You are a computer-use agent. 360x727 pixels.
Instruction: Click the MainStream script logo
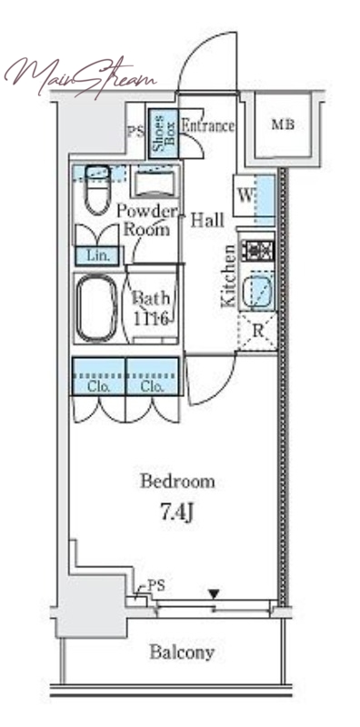(80, 76)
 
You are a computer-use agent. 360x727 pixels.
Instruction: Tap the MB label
(283, 124)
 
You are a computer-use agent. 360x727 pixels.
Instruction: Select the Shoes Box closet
(164, 133)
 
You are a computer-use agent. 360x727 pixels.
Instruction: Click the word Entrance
(207, 125)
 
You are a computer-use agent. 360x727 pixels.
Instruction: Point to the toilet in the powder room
(97, 190)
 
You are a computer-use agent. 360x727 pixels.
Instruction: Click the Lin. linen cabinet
(97, 255)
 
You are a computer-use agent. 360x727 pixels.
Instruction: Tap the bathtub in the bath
(97, 308)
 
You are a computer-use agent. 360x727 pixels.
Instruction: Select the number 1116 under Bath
(151, 318)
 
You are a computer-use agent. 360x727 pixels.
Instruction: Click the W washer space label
(245, 196)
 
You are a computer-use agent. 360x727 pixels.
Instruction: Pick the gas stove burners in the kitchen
(260, 251)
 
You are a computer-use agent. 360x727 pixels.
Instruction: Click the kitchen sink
(258, 292)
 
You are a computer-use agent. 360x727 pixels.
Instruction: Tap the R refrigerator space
(257, 332)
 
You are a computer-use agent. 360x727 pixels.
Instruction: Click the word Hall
(207, 220)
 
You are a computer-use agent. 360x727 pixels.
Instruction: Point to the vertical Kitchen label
(228, 275)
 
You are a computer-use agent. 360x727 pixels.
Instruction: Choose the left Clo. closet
(98, 376)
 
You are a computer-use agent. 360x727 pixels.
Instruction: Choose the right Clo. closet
(152, 376)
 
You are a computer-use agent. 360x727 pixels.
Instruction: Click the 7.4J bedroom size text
(176, 513)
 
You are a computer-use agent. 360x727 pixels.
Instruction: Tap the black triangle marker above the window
(214, 593)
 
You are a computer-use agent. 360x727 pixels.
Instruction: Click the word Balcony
(182, 652)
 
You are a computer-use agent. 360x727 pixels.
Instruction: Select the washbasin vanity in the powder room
(154, 184)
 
